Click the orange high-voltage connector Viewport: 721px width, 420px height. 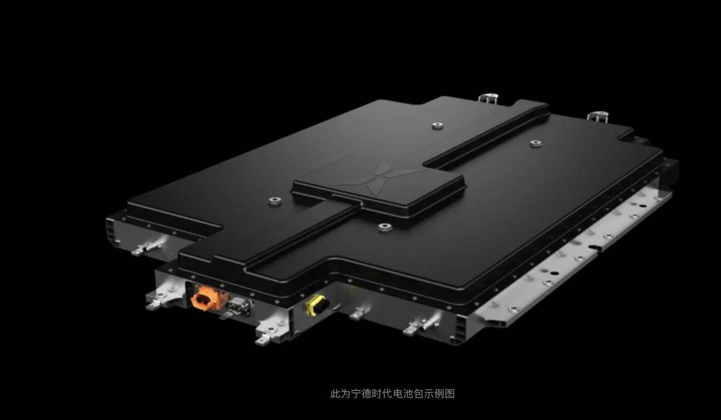(x=206, y=298)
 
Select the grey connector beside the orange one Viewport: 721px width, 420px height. (x=240, y=307)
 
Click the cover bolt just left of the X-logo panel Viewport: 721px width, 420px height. (x=275, y=201)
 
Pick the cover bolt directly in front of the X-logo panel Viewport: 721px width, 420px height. (x=385, y=227)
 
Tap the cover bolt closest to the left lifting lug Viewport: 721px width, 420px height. (x=437, y=125)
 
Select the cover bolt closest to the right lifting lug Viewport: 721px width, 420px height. (x=535, y=144)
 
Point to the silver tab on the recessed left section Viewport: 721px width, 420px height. (x=146, y=247)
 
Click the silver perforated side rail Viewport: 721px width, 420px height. (x=575, y=258)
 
